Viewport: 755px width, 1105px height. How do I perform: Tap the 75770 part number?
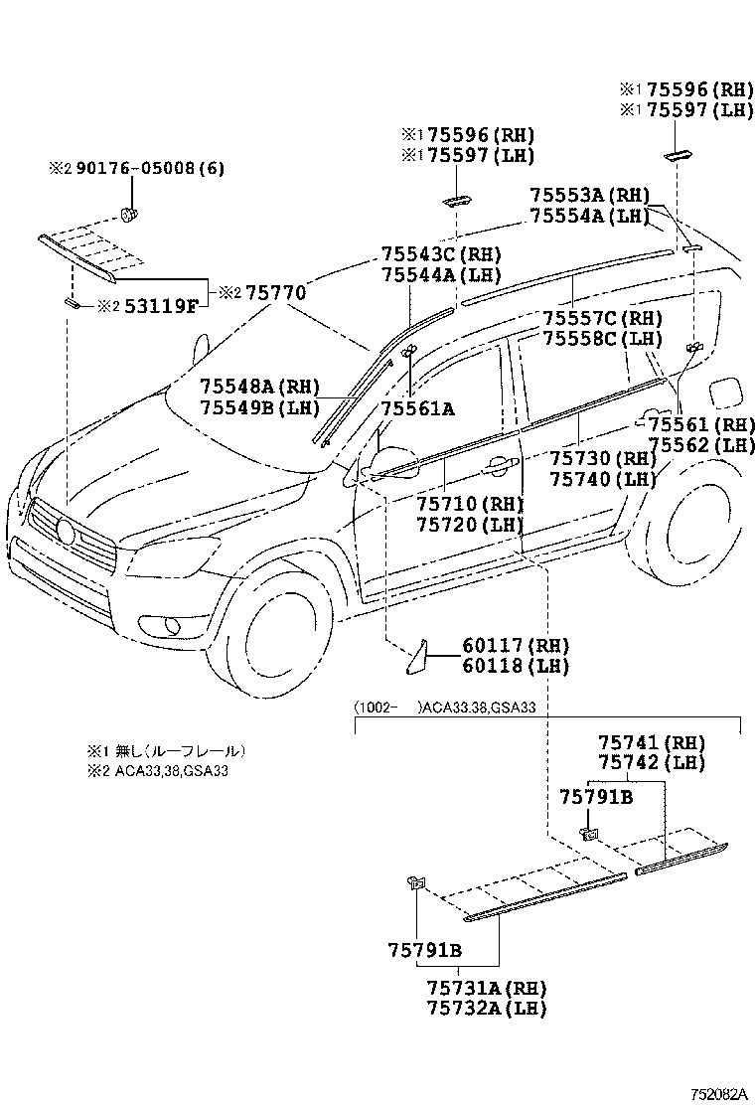coord(275,292)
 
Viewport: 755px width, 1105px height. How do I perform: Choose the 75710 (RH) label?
coord(469,505)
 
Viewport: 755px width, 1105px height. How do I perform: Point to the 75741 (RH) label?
coord(651,742)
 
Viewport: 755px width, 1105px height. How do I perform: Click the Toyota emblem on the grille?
coord(67,533)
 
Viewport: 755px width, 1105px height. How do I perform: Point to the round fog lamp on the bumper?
coord(174,624)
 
